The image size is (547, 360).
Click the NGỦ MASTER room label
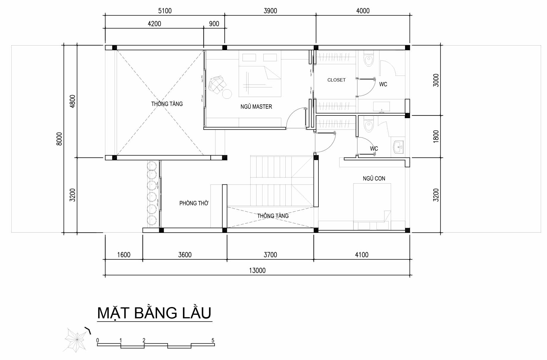pos(256,107)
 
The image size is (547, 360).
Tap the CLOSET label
pos(336,80)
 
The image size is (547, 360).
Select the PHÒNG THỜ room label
pos(194,203)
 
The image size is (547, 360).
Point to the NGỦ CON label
pos(374,179)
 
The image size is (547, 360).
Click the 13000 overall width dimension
pos(257,270)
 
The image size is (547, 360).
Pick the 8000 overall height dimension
pos(59,139)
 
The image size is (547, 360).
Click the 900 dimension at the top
pos(214,24)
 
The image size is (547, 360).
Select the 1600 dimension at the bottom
pos(124,255)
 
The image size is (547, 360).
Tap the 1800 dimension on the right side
pos(436,136)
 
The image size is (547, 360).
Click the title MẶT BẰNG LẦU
pos(154,313)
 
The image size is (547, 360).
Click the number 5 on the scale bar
pos(213,340)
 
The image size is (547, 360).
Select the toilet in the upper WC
pos(369,60)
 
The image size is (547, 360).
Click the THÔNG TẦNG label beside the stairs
pos(273,216)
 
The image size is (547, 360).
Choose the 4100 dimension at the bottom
pos(362,255)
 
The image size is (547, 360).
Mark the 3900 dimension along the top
pos(270,11)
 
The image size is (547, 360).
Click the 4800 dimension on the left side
pos(73,101)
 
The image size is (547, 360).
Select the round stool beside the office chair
pos(227,94)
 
